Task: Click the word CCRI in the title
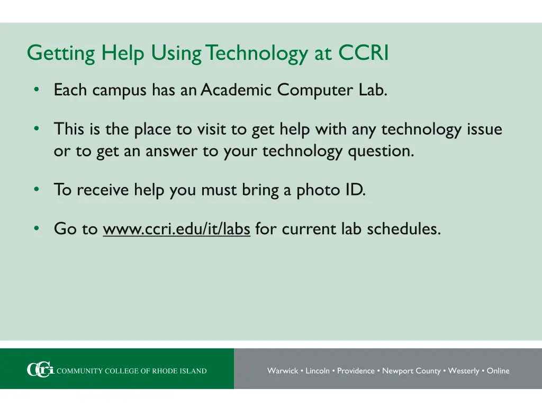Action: [364, 53]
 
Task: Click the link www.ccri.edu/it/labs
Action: [176, 229]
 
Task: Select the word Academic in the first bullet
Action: [236, 90]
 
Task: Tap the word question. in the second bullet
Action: [381, 151]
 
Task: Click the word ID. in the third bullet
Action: [355, 190]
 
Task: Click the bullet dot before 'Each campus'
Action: [36, 90]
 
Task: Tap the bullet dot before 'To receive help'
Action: [36, 189]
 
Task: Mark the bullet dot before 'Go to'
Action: [36, 228]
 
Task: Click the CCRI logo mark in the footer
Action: [40, 370]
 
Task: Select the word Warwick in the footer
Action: [283, 371]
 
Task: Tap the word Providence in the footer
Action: [356, 371]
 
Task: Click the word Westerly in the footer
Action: [463, 371]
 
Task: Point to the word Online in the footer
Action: [498, 371]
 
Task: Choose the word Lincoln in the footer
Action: [318, 371]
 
